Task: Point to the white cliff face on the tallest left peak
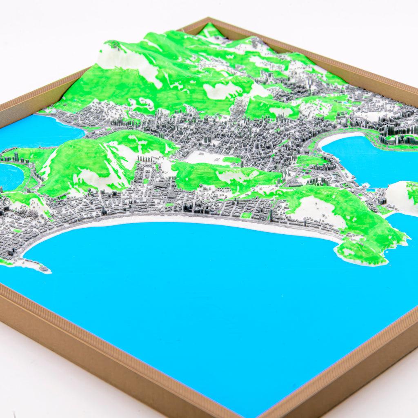[127, 61]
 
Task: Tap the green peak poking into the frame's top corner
[210, 30]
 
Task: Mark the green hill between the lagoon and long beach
[82, 163]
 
